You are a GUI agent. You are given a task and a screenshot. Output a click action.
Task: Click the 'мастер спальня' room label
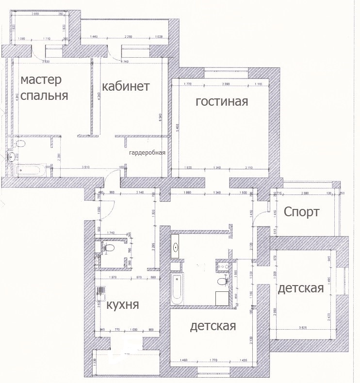[44, 87]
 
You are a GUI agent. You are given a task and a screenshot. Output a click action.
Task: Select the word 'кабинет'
[126, 86]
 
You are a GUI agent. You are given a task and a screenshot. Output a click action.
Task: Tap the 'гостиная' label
[222, 102]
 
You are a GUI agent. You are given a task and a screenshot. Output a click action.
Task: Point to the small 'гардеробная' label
[147, 153]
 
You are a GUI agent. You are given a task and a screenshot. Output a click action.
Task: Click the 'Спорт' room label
[301, 212]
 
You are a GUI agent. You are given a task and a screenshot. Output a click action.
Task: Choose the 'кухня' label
[123, 305]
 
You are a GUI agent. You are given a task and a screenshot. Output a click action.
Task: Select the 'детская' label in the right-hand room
[300, 288]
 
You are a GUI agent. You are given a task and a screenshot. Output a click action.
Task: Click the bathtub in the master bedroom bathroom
[30, 170]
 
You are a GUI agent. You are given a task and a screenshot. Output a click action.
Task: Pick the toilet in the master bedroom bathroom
[20, 144]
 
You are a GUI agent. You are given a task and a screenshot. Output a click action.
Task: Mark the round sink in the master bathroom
[11, 156]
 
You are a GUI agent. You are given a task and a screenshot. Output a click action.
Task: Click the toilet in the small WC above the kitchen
[109, 248]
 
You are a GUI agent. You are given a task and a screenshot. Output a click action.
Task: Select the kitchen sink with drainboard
[101, 292]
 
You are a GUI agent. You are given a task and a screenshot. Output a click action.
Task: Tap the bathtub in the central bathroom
[177, 289]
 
